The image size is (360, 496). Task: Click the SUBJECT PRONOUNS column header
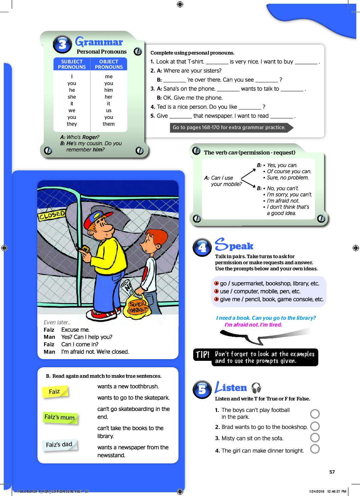pyautogui.click(x=72, y=64)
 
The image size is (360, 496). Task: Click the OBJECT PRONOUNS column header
pyautogui.click(x=109, y=64)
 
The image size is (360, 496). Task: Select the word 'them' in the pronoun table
pyautogui.click(x=108, y=124)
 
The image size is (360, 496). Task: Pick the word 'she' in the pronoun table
pyautogui.click(x=72, y=97)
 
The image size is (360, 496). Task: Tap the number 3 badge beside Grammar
pyautogui.click(x=63, y=44)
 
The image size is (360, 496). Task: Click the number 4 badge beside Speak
pyautogui.click(x=202, y=247)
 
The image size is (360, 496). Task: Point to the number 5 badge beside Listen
pyautogui.click(x=202, y=389)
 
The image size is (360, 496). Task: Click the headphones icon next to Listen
pyautogui.click(x=256, y=388)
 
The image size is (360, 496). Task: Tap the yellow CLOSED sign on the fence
pyautogui.click(x=52, y=215)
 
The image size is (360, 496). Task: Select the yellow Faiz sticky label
pyautogui.click(x=55, y=392)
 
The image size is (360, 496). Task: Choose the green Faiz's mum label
pyautogui.click(x=60, y=417)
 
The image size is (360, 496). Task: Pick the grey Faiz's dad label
pyautogui.click(x=59, y=445)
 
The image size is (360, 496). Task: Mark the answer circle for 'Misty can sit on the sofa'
pyautogui.click(x=315, y=438)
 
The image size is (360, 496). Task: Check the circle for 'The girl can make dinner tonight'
pyautogui.click(x=315, y=449)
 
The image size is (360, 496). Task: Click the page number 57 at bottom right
pyautogui.click(x=332, y=472)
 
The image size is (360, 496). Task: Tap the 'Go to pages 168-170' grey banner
pyautogui.click(x=229, y=127)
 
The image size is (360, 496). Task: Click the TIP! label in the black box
pyautogui.click(x=203, y=355)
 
